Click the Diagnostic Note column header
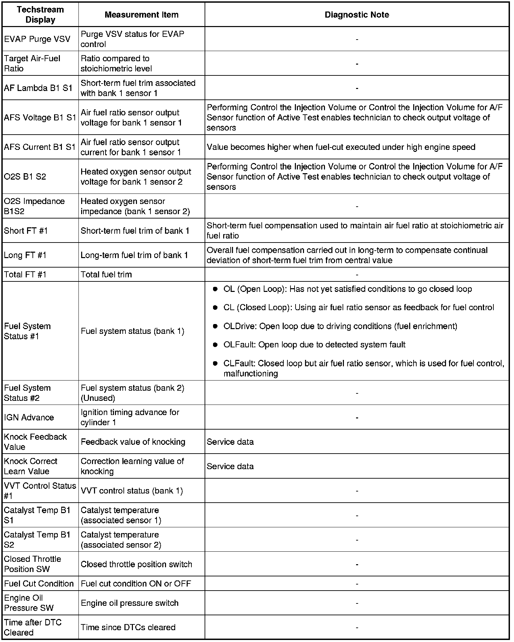(357, 15)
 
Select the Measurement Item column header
(141, 15)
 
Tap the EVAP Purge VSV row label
(37, 39)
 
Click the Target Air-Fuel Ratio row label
(32, 64)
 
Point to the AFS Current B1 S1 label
(40, 147)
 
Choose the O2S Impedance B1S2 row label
(34, 206)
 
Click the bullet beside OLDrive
(215, 326)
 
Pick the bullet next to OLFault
(215, 345)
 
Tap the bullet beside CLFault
(215, 364)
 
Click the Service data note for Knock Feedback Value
(230, 442)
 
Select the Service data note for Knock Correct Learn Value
(230, 466)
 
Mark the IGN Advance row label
(29, 417)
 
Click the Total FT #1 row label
(25, 275)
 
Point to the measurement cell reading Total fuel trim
(106, 275)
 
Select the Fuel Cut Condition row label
(39, 584)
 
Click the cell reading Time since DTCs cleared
(128, 627)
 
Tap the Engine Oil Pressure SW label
(29, 603)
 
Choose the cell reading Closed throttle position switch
(136, 565)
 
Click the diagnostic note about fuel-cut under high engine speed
(341, 147)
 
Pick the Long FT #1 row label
(25, 255)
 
